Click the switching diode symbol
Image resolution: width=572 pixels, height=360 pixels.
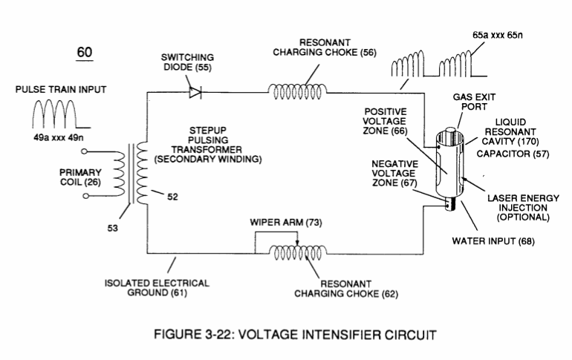pyautogui.click(x=195, y=92)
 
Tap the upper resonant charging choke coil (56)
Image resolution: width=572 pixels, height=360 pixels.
pyautogui.click(x=298, y=91)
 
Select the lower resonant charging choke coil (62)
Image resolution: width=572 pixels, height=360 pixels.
pyautogui.click(x=298, y=252)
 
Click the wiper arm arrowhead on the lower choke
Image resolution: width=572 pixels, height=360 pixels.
pyautogui.click(x=297, y=243)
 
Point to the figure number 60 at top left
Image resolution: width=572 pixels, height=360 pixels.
pyautogui.click(x=84, y=53)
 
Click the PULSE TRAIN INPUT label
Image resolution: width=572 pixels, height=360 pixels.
pyautogui.click(x=61, y=90)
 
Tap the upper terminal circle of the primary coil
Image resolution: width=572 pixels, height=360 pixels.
pyautogui.click(x=84, y=151)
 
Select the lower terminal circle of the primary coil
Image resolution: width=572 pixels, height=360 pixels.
pyautogui.click(x=85, y=196)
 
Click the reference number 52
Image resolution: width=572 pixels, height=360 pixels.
pyautogui.click(x=172, y=197)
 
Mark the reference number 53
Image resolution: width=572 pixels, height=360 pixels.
pyautogui.click(x=113, y=229)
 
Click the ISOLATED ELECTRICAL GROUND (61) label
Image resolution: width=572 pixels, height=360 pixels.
pyautogui.click(x=157, y=288)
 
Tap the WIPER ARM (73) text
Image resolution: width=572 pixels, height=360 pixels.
pyautogui.click(x=286, y=222)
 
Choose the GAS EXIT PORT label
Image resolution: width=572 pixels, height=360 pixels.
pyautogui.click(x=474, y=102)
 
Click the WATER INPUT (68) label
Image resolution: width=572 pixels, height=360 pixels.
pyautogui.click(x=493, y=241)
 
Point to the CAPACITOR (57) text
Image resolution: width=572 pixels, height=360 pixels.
pyautogui.click(x=513, y=154)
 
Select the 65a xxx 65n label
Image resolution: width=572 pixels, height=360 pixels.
pyautogui.click(x=498, y=36)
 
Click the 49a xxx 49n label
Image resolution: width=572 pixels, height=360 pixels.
pyautogui.click(x=59, y=138)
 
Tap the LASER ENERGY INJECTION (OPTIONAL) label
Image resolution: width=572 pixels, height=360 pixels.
pyautogui.click(x=523, y=208)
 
